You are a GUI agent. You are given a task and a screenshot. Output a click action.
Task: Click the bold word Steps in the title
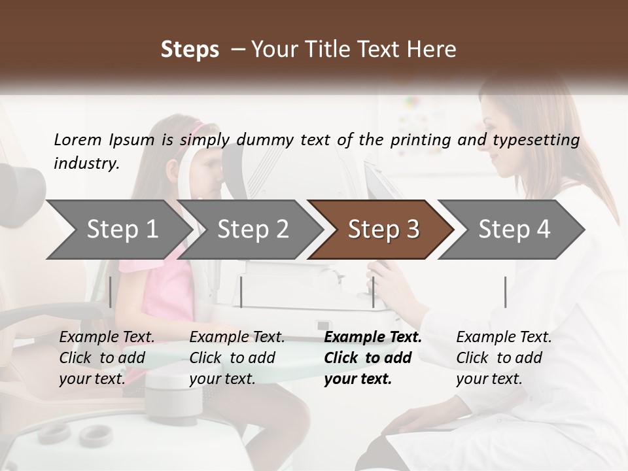tap(190, 50)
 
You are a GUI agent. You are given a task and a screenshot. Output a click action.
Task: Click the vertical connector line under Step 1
tap(111, 292)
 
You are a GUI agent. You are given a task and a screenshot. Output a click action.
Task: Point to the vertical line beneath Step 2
tap(241, 292)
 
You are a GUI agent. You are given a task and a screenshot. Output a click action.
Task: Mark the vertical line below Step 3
tap(374, 292)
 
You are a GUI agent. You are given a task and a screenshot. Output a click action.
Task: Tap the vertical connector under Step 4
tap(505, 292)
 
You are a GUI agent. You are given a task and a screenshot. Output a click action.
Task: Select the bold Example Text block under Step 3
tap(373, 358)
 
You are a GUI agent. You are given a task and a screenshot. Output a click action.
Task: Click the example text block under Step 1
tap(107, 358)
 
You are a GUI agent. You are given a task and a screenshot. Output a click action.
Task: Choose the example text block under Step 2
tap(237, 358)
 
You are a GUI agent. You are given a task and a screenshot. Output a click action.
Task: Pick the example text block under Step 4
tap(504, 358)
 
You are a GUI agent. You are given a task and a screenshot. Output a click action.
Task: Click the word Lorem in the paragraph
tap(78, 139)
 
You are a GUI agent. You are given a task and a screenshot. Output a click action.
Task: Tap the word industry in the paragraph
tap(86, 163)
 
